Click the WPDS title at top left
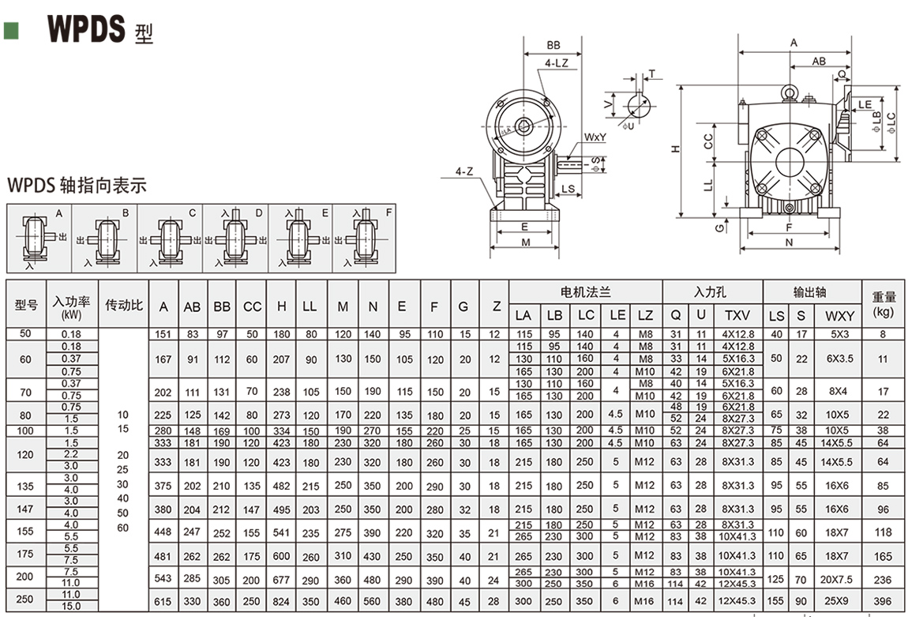pyautogui.click(x=87, y=28)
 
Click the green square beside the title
pyautogui.click(x=11, y=31)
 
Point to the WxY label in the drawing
pyautogui.click(x=595, y=137)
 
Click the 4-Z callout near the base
pyautogui.click(x=465, y=171)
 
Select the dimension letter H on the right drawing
pyautogui.click(x=677, y=148)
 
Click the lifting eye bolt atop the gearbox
pyautogui.click(x=788, y=93)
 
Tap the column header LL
pyautogui.click(x=310, y=306)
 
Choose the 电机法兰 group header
pyautogui.click(x=585, y=291)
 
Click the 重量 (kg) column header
pyautogui.click(x=884, y=304)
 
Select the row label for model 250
pyautogui.click(x=26, y=600)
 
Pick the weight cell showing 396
pyautogui.click(x=883, y=601)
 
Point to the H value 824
pyautogui.click(x=281, y=601)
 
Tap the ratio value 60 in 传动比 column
pyautogui.click(x=122, y=527)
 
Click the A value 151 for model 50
pyautogui.click(x=163, y=334)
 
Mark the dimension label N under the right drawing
pyautogui.click(x=790, y=243)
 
